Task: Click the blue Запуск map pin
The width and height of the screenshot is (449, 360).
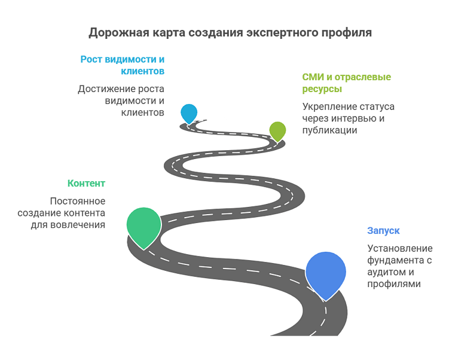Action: tap(325, 272)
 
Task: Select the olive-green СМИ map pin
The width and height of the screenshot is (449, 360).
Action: tap(277, 130)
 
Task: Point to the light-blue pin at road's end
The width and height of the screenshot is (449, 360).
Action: tap(189, 112)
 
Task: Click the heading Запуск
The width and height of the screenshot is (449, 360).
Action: tap(383, 231)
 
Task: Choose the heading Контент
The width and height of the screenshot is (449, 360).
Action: tap(86, 183)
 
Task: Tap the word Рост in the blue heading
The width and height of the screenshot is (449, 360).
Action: tap(92, 60)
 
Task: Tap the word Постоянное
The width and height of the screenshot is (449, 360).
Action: tap(78, 202)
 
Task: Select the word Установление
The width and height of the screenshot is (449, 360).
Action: tap(399, 249)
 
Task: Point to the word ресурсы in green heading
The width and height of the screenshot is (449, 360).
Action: tap(322, 89)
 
